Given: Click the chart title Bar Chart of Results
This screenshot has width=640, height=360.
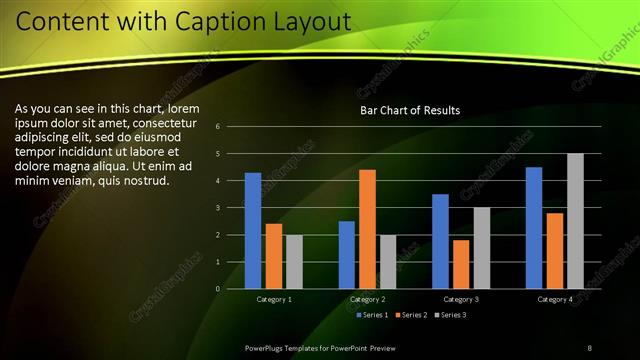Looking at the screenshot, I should click(x=410, y=111).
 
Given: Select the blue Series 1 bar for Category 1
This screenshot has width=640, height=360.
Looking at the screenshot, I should click(x=253, y=231).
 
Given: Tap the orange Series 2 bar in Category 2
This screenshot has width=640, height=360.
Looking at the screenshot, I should click(x=367, y=229).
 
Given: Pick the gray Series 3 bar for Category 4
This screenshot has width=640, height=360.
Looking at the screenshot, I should click(x=575, y=221).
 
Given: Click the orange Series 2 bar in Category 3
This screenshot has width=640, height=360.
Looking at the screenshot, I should click(x=461, y=264).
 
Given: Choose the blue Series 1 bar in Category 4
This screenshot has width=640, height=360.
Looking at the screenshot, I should click(x=534, y=228).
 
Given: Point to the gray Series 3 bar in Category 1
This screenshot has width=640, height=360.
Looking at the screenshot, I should click(x=294, y=262).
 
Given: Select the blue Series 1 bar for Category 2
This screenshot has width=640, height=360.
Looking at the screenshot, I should click(x=346, y=255).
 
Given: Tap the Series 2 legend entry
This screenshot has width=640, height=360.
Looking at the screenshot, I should click(x=410, y=315).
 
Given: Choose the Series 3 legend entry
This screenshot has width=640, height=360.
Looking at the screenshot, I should click(x=449, y=315).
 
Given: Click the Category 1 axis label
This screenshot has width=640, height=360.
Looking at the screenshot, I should click(x=274, y=299).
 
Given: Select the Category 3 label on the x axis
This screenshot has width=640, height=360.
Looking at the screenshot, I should click(x=461, y=299).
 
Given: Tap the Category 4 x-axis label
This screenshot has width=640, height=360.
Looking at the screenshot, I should click(x=554, y=299).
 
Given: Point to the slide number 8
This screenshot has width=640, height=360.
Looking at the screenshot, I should click(x=589, y=347).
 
